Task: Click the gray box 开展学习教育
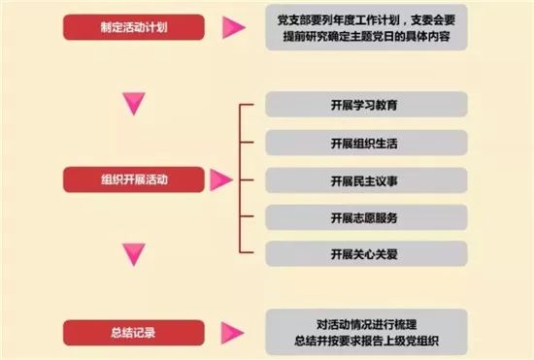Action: click(x=366, y=105)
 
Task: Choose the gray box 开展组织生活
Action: click(x=366, y=143)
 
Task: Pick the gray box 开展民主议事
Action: click(x=366, y=180)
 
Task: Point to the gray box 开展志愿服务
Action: click(x=366, y=217)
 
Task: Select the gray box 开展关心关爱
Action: click(x=366, y=254)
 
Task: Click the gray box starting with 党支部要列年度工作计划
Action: click(x=366, y=27)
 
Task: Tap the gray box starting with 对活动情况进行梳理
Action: click(x=366, y=331)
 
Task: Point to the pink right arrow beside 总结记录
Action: click(x=231, y=331)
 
